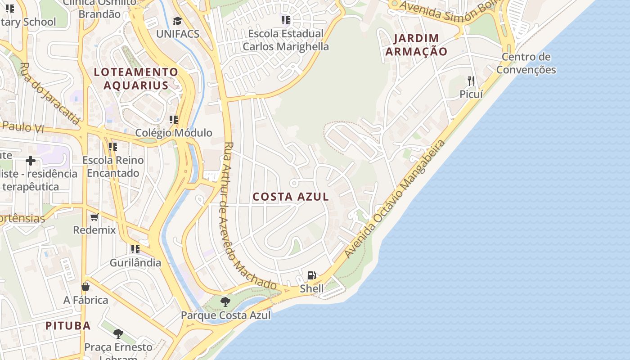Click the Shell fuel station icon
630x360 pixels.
[311, 275]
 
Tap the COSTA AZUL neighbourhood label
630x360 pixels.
[291, 197]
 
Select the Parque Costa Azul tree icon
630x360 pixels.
[225, 302]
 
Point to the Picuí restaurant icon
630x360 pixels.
[471, 81]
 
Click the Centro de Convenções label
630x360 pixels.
[526, 63]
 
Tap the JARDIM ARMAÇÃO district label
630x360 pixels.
[416, 45]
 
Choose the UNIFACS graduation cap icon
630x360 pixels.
[178, 21]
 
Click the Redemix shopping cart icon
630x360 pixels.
[94, 217]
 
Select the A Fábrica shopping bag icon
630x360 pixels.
[85, 287]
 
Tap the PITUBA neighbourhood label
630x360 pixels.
[68, 325]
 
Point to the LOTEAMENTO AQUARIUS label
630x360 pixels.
[136, 78]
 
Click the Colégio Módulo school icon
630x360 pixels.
[174, 120]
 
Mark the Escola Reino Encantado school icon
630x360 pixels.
[113, 147]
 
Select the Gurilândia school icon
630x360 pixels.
[135, 249]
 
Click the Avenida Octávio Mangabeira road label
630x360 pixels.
[395, 198]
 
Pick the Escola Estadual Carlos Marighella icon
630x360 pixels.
[286, 20]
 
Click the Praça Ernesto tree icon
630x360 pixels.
[118, 334]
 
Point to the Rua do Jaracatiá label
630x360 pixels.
[50, 93]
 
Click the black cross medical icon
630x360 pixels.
[31, 161]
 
